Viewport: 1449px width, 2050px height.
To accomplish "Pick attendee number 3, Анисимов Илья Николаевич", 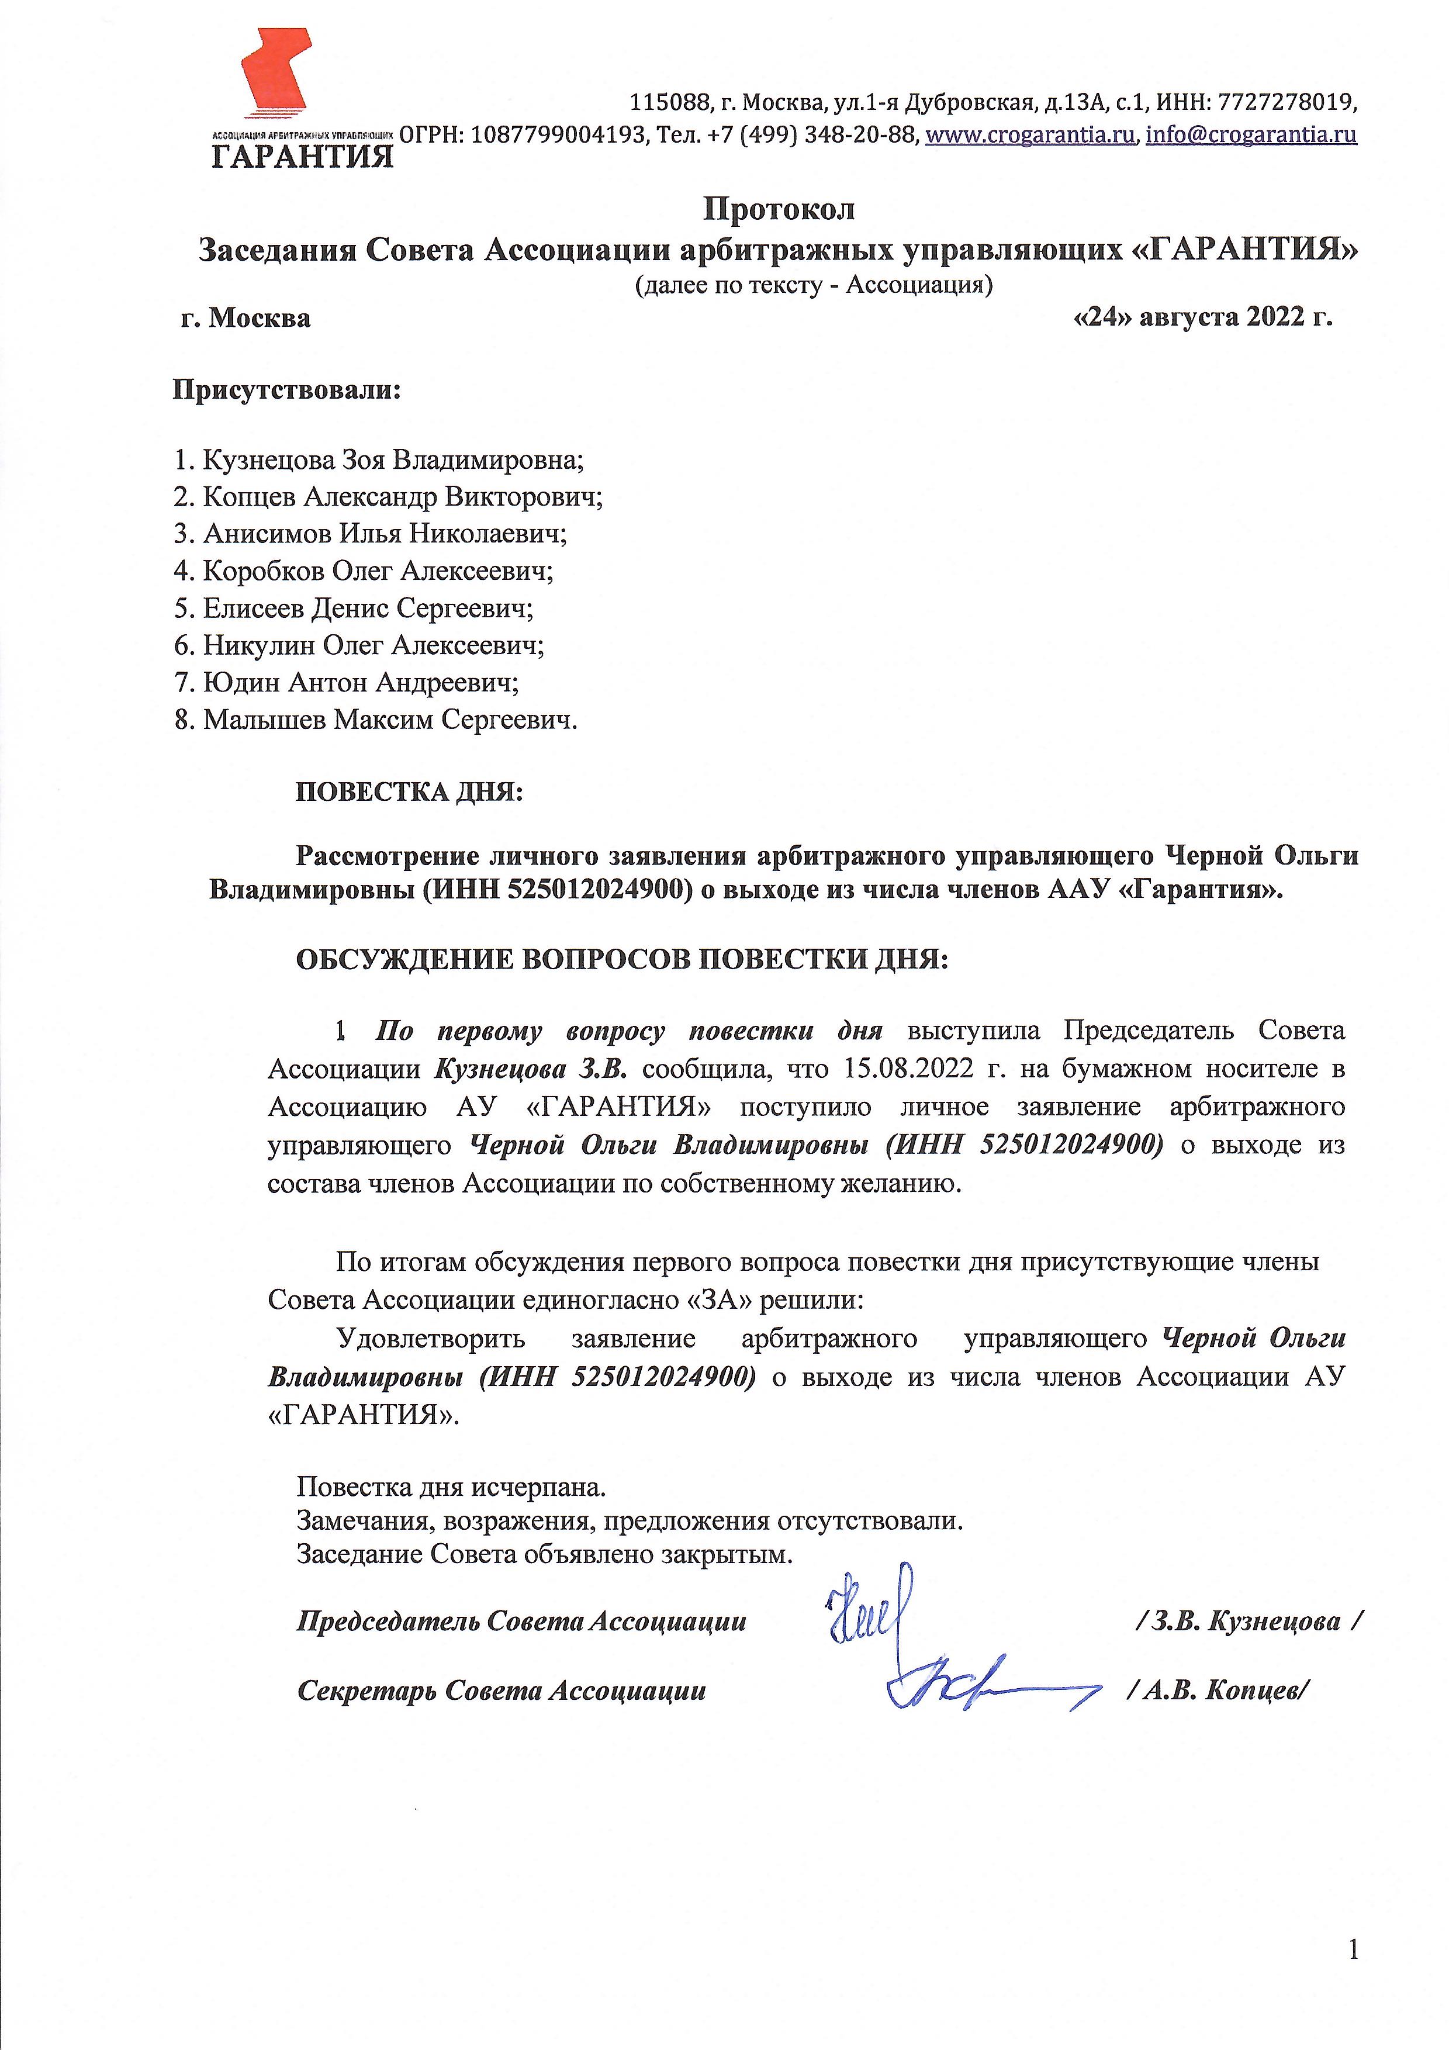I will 385,533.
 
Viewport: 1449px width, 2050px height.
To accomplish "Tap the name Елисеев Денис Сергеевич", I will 368,608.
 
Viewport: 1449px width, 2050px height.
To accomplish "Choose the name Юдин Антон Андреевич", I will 361,682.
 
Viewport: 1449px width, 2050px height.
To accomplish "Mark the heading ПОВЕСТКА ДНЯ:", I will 409,792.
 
